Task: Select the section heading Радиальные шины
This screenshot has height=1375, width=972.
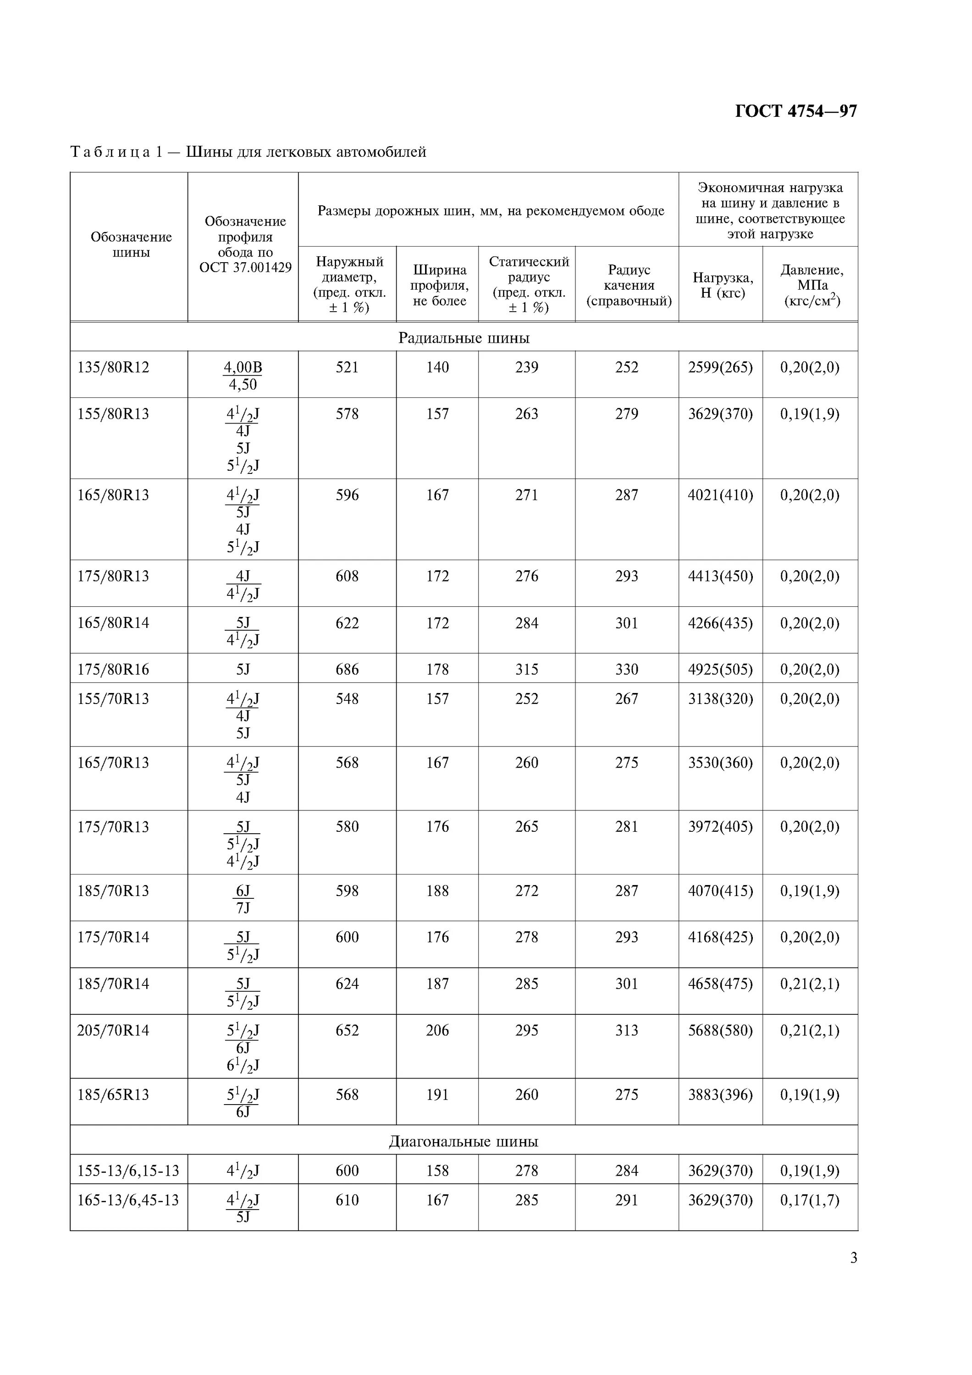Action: [464, 338]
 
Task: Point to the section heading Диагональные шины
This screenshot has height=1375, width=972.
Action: [464, 1141]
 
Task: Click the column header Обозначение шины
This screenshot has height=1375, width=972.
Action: [131, 245]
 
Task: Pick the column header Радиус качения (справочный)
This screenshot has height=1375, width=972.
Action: [628, 286]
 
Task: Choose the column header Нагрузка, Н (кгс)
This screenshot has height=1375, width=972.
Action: [722, 285]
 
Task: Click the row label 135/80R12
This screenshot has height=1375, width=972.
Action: [113, 368]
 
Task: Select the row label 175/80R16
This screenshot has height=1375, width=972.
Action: [113, 670]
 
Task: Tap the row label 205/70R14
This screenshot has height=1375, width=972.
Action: [113, 1031]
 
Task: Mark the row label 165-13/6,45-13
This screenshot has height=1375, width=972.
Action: [128, 1200]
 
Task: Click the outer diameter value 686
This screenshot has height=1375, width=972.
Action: [348, 670]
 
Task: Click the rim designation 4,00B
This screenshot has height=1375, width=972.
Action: [243, 368]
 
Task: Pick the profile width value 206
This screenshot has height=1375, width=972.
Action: [437, 1031]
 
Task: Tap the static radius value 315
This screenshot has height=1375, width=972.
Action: [527, 670]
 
